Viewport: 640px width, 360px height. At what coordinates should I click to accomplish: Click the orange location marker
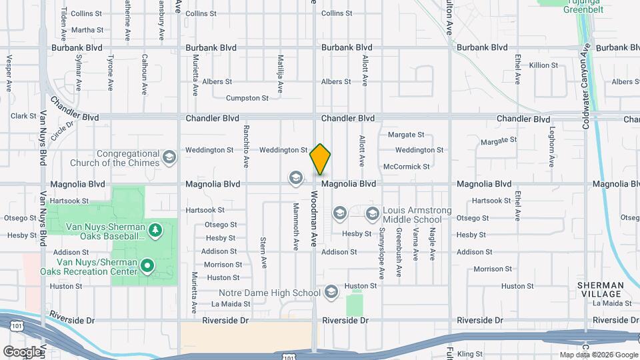coord(320,159)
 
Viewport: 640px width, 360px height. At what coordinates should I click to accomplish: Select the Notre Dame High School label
coord(269,293)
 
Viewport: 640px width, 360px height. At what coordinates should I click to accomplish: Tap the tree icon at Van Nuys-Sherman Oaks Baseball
coord(155,230)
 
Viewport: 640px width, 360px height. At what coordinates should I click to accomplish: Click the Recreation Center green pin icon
coord(147,267)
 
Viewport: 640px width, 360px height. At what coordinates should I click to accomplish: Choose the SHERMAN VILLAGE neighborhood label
coord(600,289)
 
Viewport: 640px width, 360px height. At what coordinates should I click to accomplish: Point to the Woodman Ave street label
coord(314,220)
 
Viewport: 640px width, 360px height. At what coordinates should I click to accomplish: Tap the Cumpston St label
coord(247,98)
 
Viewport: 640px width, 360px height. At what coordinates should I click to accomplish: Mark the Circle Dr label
coord(61,127)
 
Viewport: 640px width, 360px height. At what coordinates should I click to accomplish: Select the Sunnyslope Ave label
coord(382,253)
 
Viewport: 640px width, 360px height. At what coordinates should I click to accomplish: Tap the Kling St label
coord(469,354)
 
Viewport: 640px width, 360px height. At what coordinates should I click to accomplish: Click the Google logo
coord(22,352)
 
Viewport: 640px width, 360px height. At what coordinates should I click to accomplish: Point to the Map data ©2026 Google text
coord(597,355)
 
